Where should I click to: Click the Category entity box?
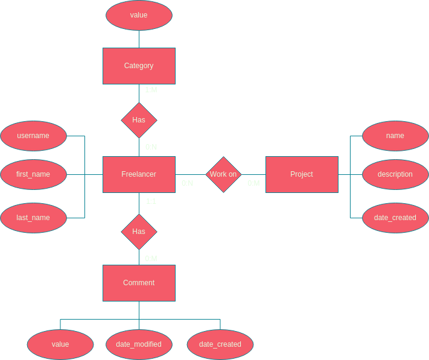[139, 66]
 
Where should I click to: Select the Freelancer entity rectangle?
[139, 174]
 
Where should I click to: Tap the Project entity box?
[302, 174]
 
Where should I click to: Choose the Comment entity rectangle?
[139, 283]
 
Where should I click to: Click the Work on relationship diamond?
[223, 174]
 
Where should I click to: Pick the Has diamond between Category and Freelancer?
[139, 120]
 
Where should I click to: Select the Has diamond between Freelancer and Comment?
[139, 232]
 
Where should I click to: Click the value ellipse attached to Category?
[139, 15]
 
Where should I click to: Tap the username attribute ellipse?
[33, 136]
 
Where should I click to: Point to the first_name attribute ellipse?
[33, 174]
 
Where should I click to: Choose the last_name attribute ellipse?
[33, 218]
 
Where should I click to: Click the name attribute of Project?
[395, 136]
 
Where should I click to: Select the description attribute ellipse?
[395, 174]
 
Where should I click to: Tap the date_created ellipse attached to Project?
[395, 218]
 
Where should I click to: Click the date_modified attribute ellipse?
[139, 344]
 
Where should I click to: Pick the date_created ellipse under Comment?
[220, 344]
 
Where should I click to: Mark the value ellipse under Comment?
[60, 344]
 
